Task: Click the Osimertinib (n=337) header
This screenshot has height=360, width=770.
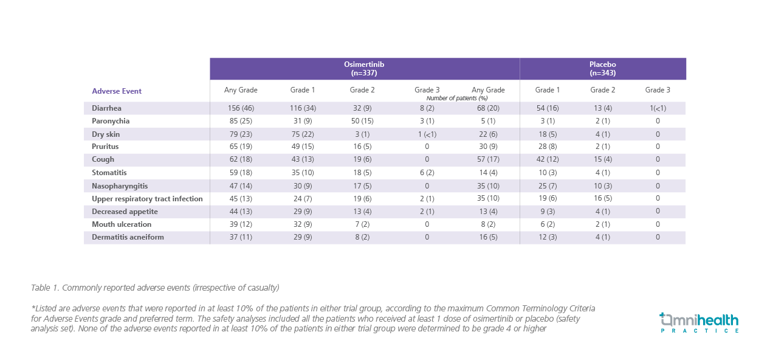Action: click(x=364, y=68)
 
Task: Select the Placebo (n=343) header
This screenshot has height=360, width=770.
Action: click(x=602, y=68)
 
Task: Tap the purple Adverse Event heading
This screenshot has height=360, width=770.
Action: click(x=117, y=91)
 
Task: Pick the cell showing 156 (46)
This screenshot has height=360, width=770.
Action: click(x=241, y=108)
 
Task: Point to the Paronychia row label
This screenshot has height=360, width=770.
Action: click(x=111, y=121)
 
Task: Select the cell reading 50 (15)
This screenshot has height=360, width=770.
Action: click(x=362, y=121)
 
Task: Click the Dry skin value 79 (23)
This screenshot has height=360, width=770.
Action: click(x=241, y=134)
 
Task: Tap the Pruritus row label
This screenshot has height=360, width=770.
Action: click(x=105, y=147)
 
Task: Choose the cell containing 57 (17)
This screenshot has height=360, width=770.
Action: click(x=488, y=159)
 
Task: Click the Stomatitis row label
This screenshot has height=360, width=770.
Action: click(x=109, y=173)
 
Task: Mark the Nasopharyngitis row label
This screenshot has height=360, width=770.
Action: click(x=120, y=185)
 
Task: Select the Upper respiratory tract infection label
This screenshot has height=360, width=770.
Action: click(x=147, y=199)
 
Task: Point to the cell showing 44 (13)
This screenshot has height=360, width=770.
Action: click(x=241, y=212)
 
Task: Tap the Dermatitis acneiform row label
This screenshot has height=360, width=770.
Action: click(x=128, y=237)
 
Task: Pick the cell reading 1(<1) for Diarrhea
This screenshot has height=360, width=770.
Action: click(x=658, y=108)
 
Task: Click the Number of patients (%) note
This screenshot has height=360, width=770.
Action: click(x=457, y=98)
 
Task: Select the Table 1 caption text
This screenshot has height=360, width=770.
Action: click(x=155, y=287)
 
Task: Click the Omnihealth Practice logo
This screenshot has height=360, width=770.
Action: click(x=699, y=322)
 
